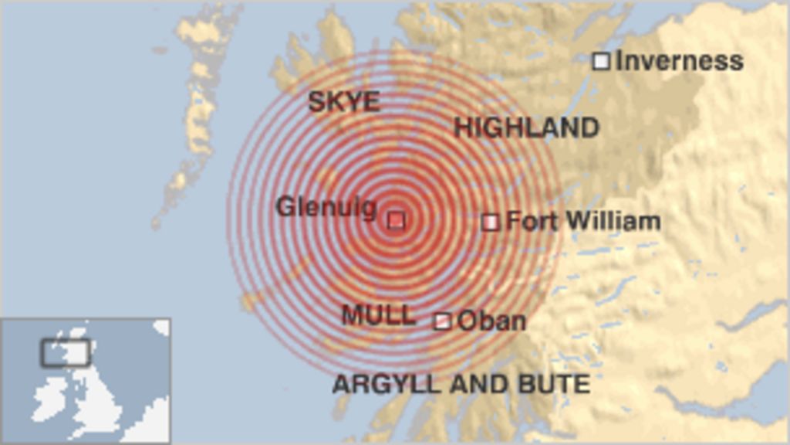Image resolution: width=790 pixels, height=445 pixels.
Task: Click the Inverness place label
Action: [679, 61]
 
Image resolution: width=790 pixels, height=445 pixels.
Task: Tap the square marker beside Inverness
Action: [601, 61]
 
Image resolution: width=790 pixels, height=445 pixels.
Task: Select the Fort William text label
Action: [583, 222]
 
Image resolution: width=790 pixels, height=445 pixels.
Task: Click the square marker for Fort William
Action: [490, 222]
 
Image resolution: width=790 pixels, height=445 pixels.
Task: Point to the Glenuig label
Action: [326, 207]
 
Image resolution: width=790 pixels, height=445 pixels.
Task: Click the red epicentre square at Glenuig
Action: [396, 220]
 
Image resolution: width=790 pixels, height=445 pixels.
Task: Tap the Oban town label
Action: [492, 321]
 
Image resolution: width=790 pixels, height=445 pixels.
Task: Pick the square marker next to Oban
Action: [442, 321]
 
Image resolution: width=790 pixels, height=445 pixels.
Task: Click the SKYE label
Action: [343, 102]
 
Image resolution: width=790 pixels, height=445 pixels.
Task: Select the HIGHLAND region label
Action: [526, 127]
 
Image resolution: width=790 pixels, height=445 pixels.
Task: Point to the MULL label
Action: [378, 315]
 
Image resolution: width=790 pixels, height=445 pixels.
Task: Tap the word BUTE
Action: [560, 384]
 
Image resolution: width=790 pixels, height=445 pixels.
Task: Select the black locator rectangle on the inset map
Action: [66, 352]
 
